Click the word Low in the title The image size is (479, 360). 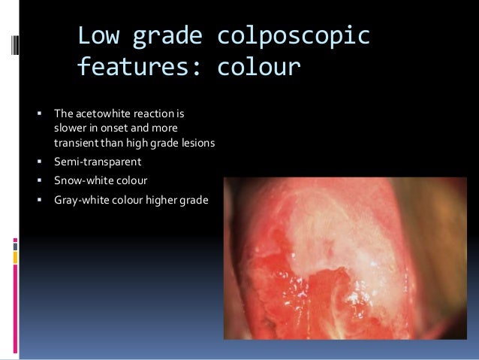pos(100,35)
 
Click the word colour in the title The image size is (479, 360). pos(258,68)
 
